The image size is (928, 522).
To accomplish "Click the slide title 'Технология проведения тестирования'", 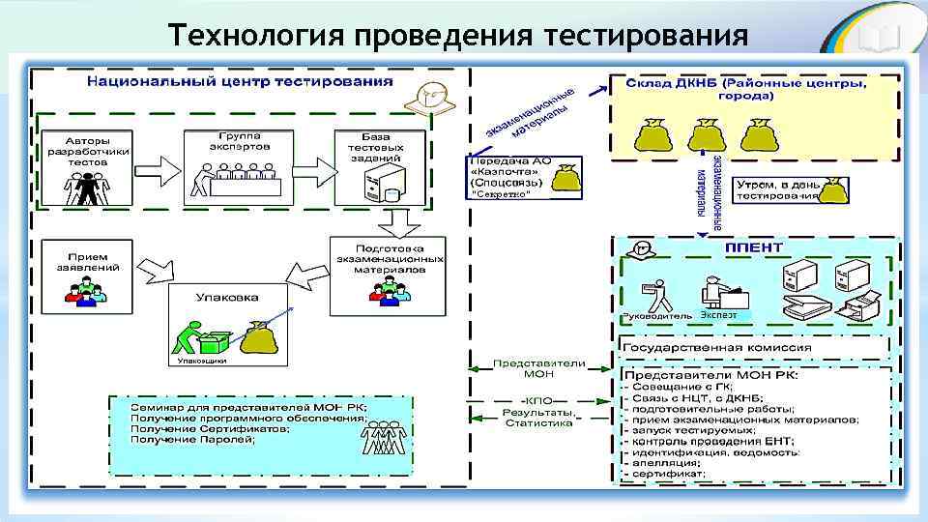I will (x=457, y=35).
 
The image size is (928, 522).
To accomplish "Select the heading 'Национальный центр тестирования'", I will (x=240, y=81).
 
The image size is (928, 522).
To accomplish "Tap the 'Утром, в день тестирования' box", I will (x=777, y=189).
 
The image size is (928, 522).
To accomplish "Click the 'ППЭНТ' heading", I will (x=754, y=247).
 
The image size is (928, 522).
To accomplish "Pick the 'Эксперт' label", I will (x=718, y=315).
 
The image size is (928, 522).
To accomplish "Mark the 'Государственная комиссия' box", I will (x=717, y=348).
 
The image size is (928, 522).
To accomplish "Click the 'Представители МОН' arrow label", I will (x=538, y=368).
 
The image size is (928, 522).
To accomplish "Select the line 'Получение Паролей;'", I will (x=193, y=440).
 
